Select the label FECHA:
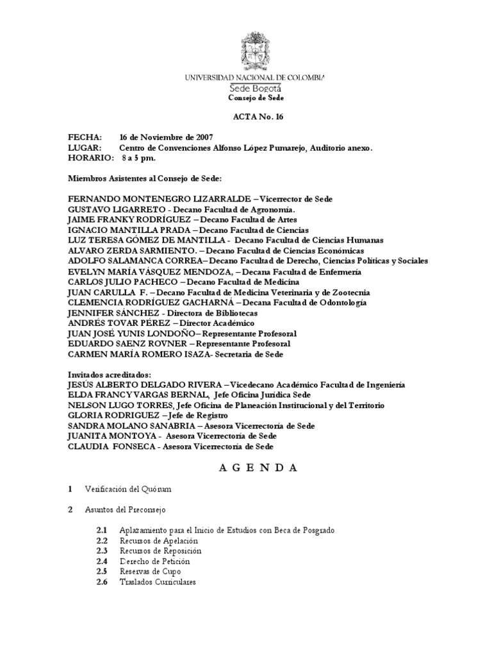85,138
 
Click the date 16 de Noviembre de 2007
166,138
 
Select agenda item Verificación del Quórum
128,489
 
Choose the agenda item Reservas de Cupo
150,571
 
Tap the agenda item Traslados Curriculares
157,581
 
